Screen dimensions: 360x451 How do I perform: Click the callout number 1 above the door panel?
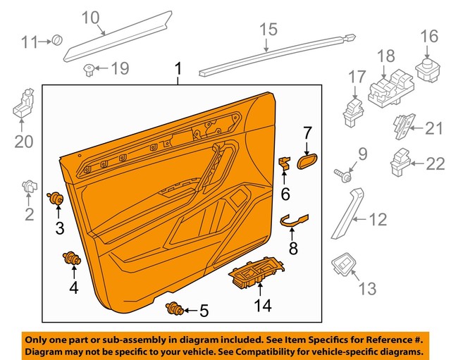178,69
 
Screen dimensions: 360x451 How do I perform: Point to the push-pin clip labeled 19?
89,68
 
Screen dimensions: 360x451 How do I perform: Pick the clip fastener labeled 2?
28,187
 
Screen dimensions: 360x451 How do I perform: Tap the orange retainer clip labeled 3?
54,200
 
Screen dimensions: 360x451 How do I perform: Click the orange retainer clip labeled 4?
72,259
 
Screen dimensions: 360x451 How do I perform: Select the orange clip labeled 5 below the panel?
173,308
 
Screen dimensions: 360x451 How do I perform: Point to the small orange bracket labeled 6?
285,163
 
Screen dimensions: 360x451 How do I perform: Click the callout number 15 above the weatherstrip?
268,30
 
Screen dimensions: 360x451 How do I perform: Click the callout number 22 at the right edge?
436,164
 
